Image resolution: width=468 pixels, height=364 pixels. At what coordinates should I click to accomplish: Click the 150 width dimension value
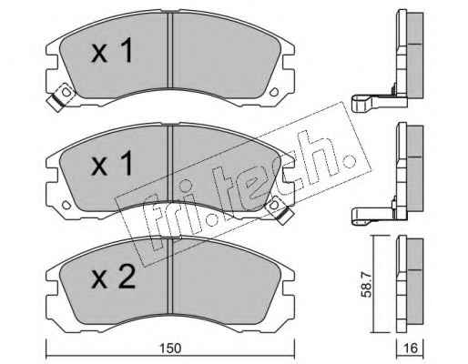pos(170,349)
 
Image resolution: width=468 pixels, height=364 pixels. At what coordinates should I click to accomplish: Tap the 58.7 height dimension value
pos(368,285)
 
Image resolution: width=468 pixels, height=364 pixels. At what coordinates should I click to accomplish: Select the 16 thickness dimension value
pos(412,349)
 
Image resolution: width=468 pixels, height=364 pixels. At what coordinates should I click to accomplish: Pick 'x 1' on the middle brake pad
pos(112,164)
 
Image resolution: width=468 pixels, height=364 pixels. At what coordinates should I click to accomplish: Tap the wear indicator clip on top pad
pos(61,96)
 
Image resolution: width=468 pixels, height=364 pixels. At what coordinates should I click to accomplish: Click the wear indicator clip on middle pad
pos(280,209)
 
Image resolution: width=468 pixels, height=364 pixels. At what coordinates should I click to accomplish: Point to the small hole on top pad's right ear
pos(274,92)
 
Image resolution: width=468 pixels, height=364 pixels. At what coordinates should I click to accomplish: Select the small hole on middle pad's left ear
pos(66,205)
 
